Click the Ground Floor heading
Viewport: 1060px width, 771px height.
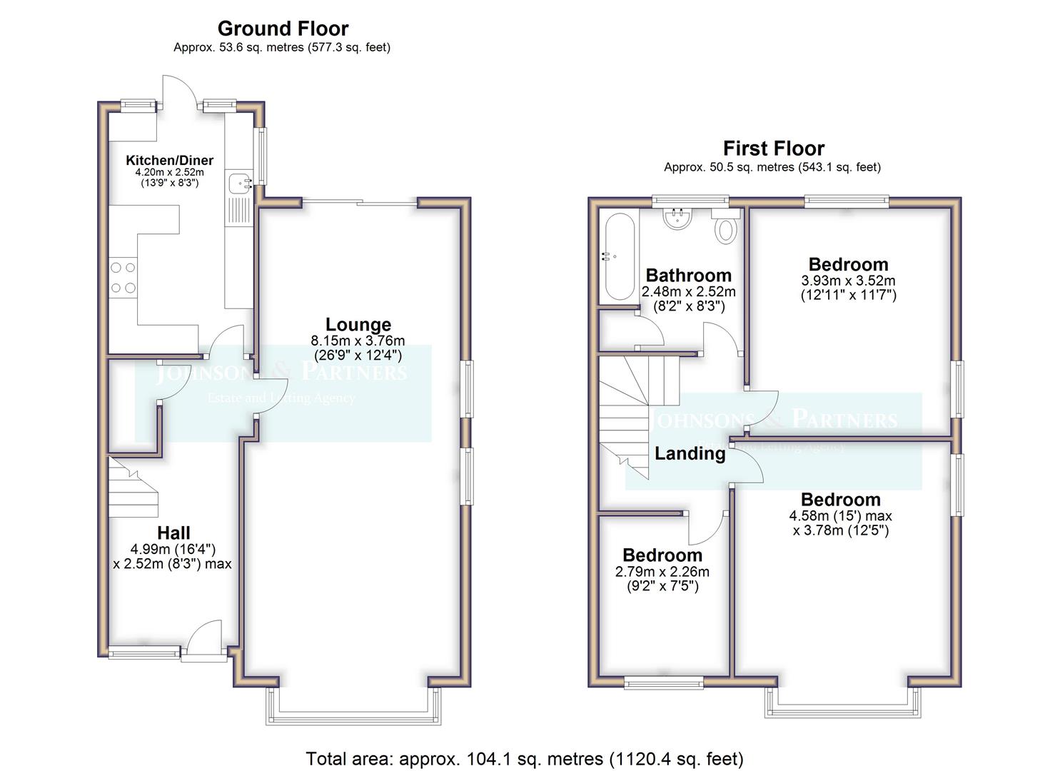283,29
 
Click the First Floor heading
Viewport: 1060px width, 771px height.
773,148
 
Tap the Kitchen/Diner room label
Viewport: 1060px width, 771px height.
169,161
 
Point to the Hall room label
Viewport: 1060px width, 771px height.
173,533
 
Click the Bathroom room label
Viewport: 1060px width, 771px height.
688,276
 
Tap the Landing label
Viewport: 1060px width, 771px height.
690,453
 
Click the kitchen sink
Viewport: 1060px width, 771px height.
238,183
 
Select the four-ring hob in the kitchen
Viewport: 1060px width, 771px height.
123,278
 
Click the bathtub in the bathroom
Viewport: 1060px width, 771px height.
618,256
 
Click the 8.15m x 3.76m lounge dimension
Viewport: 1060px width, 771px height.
358,341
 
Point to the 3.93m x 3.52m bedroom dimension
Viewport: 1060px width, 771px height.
848,281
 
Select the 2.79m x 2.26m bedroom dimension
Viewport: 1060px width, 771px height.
662,572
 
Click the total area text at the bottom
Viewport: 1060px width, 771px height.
525,758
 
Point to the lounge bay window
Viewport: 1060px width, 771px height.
353,710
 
